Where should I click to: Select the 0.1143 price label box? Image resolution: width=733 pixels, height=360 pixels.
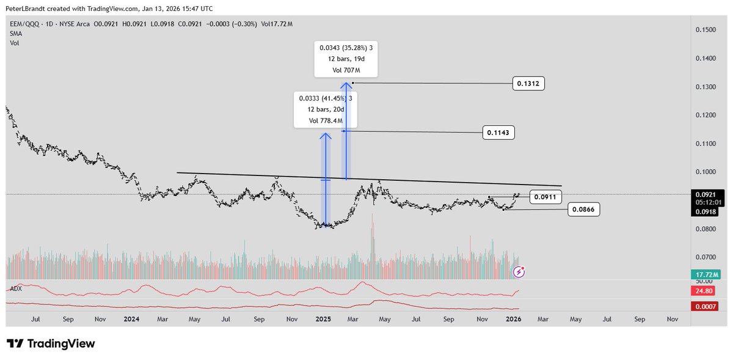point(498,132)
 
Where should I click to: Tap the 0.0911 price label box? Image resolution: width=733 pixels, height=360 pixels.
point(544,197)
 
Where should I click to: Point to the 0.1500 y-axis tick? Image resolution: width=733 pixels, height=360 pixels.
point(707,30)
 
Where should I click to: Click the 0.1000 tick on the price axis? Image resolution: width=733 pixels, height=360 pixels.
point(707,172)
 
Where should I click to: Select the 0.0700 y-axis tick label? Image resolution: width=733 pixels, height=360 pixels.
point(707,257)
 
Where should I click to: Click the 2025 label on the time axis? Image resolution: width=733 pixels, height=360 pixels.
point(324,319)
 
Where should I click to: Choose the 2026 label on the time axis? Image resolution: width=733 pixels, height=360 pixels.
point(514,319)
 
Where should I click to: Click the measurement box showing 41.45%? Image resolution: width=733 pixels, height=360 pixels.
point(325,109)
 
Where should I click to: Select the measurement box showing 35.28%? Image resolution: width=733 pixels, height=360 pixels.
point(346,59)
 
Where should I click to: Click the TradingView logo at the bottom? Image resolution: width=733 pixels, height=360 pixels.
point(51,343)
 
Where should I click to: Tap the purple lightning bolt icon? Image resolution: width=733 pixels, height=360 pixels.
point(519,271)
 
